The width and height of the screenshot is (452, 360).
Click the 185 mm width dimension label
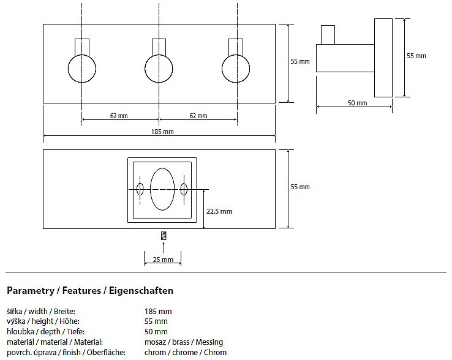(159, 132)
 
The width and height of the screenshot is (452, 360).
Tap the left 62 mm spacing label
(119, 116)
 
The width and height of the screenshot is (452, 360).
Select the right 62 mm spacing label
(198, 116)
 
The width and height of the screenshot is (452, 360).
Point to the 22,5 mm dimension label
(219, 211)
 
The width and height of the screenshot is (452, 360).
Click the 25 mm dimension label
(163, 260)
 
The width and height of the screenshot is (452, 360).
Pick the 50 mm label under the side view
(357, 103)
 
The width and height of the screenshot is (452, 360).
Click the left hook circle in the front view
(81, 69)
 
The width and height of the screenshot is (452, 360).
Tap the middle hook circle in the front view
(159, 69)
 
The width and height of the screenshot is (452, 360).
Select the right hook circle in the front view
(236, 69)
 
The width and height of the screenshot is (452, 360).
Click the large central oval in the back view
(162, 190)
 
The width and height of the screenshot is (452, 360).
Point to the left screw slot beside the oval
(140, 189)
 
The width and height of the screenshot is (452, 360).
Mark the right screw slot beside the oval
(184, 189)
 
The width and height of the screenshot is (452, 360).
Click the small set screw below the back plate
(163, 236)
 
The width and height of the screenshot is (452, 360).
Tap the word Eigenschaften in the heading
(141, 290)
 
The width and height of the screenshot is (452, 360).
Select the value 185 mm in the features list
(158, 311)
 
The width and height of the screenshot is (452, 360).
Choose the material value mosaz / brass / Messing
(183, 342)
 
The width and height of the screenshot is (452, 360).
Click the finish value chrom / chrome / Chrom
(185, 352)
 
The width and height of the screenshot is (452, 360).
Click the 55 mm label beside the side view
(416, 56)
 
